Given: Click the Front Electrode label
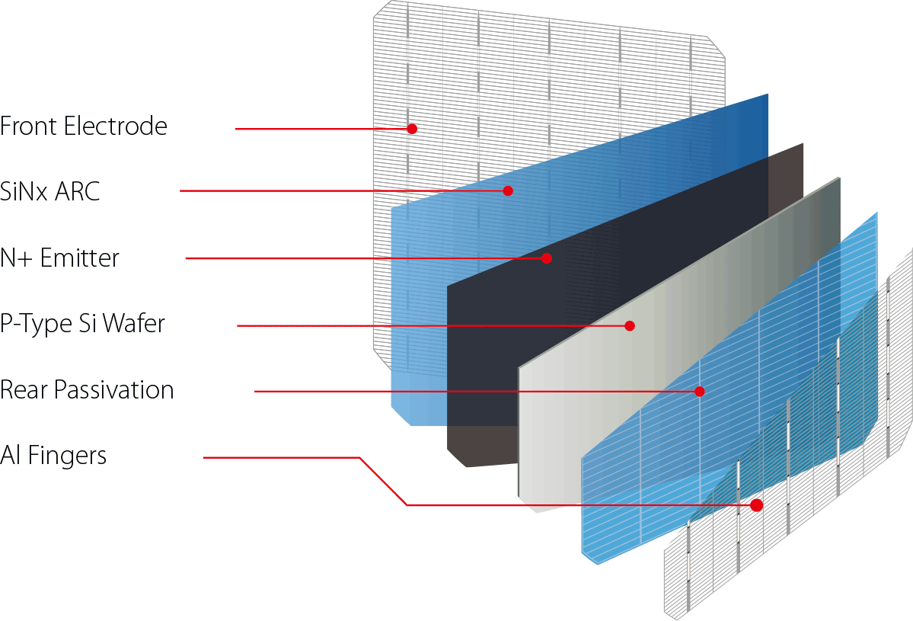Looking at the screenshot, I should (84, 126).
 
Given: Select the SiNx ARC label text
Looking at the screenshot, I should (50, 191).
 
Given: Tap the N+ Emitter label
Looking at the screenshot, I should (60, 258).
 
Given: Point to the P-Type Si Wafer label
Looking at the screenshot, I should (82, 325).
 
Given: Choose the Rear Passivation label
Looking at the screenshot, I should (87, 390).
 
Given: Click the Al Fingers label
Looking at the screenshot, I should (53, 456).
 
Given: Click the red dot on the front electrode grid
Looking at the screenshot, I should (412, 129).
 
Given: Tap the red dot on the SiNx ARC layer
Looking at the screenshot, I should (508, 190).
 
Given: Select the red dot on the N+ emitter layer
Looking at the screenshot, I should (546, 258).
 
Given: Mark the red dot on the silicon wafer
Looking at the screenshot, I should (630, 325).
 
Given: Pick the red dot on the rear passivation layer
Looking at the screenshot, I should (699, 392).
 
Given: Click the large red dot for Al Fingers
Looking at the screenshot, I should (756, 504).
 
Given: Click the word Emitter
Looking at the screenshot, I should (80, 258).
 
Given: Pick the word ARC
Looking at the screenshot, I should (78, 191).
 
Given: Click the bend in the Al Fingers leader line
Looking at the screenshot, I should (359, 458).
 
